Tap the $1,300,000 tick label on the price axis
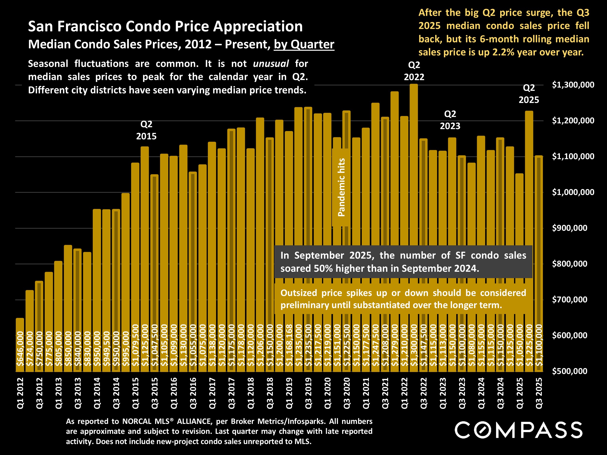[573, 85]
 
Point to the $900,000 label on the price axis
[570, 228]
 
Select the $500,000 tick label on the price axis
[570, 371]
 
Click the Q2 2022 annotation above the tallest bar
[414, 71]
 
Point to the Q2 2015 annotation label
[146, 130]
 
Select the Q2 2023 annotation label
[450, 120]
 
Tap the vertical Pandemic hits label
[341, 188]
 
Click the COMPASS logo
[518, 430]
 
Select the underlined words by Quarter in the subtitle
[304, 44]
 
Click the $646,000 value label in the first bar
[20, 349]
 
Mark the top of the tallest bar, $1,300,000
[414, 85]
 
